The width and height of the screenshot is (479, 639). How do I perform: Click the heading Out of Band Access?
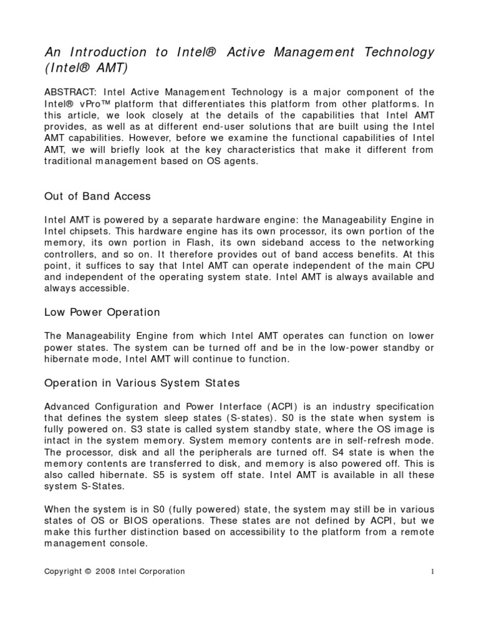click(97, 196)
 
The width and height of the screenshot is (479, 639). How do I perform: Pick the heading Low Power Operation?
click(102, 312)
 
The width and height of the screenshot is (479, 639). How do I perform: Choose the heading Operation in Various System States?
click(142, 382)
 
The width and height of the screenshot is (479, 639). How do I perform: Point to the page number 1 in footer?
click(432, 572)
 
